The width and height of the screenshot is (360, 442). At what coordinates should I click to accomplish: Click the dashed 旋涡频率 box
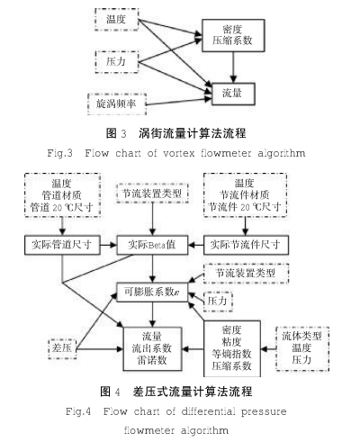[117, 104]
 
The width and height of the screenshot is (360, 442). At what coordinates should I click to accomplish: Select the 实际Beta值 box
[152, 245]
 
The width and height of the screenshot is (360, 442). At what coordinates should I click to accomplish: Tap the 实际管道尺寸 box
[62, 245]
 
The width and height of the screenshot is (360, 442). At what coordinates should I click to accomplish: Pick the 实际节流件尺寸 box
[246, 245]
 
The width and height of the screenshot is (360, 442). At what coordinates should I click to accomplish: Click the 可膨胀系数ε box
[152, 292]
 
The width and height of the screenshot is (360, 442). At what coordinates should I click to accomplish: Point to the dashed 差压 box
[62, 348]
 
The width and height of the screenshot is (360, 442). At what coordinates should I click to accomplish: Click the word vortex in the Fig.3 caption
[179, 153]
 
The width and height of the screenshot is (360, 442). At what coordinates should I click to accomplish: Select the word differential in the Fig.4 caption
[208, 411]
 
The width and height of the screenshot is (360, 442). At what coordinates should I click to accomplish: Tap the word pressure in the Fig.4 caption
[264, 411]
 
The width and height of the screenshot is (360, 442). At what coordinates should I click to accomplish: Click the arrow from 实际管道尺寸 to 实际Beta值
[108, 245]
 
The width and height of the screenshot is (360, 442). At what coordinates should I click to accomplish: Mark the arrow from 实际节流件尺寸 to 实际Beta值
[196, 245]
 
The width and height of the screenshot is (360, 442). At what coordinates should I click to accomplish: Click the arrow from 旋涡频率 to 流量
[179, 101]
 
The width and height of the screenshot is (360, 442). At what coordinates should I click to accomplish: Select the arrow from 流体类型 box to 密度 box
[268, 349]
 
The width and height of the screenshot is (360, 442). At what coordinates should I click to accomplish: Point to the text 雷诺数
[152, 360]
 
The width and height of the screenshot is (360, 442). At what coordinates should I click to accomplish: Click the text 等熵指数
[231, 354]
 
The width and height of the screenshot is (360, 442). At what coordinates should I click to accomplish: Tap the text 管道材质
[62, 195]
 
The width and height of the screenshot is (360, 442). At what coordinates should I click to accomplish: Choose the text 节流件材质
[245, 195]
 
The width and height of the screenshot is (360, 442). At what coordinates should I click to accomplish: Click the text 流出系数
[152, 348]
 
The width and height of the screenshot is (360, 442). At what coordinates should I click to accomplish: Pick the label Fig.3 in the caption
[59, 153]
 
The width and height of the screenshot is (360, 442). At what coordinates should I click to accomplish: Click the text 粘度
[231, 342]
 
